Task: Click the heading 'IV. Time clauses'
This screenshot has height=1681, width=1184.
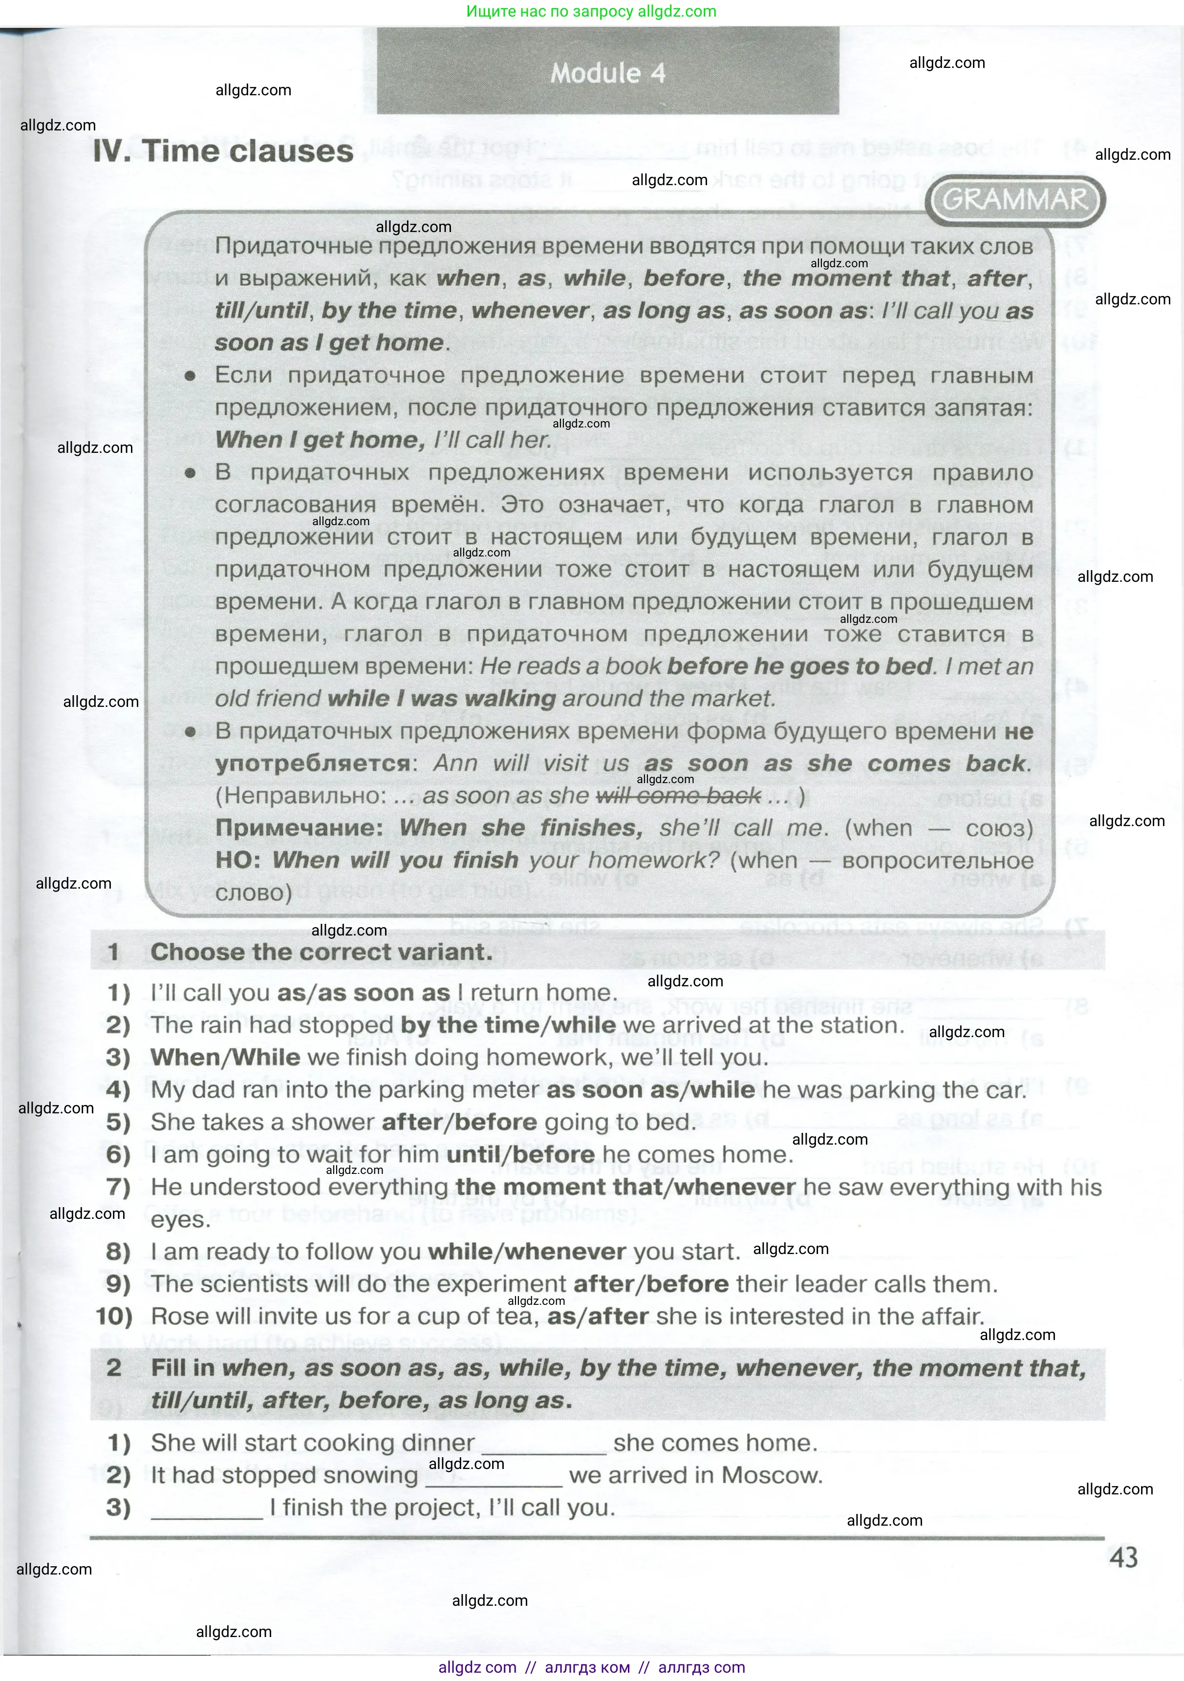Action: tap(223, 151)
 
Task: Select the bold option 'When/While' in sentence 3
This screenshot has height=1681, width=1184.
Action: tap(226, 1057)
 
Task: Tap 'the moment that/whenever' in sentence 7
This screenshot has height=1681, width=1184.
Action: tap(625, 1187)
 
